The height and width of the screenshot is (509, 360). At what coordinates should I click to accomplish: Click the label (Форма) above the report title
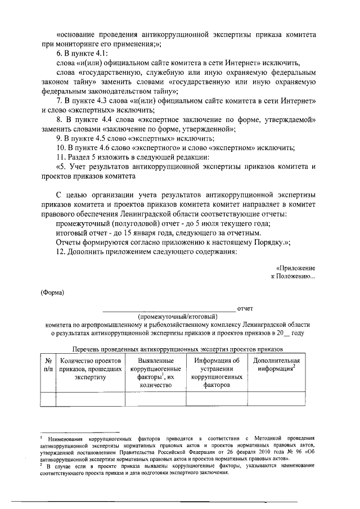[52, 292]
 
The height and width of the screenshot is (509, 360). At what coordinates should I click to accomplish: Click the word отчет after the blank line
[245, 308]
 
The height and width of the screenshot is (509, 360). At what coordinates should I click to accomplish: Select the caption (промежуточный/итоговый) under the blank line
[170, 317]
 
